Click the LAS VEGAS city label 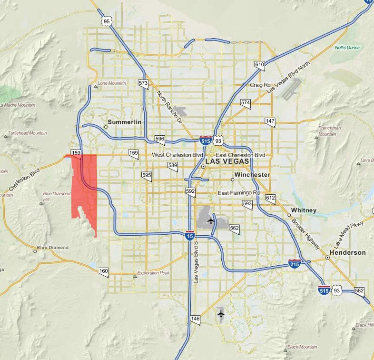[227, 162]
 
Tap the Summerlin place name [125, 122]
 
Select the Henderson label [349, 253]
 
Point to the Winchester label [252, 175]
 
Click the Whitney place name [304, 210]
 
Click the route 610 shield [259, 65]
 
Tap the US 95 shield [107, 21]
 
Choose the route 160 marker [104, 272]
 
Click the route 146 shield [195, 320]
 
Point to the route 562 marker [234, 229]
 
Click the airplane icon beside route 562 [211, 220]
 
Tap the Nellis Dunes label [347, 48]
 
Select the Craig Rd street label [260, 85]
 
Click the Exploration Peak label [153, 273]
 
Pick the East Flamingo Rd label [238, 193]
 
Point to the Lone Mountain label [112, 83]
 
